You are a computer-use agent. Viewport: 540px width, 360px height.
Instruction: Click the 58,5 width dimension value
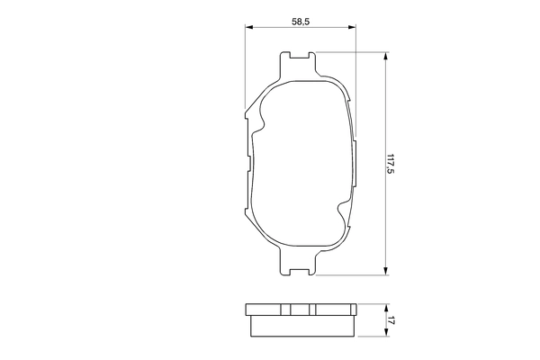coord(301,20)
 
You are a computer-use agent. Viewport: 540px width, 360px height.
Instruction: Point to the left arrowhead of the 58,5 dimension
coord(249,27)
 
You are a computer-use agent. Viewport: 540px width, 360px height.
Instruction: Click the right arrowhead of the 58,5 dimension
coord(354,27)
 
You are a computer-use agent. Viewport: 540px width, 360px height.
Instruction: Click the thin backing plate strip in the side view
coord(301,310)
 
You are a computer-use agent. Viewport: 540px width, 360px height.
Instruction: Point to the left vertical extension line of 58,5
coord(246,72)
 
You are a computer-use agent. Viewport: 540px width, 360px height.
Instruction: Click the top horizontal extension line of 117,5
coord(351,52)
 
